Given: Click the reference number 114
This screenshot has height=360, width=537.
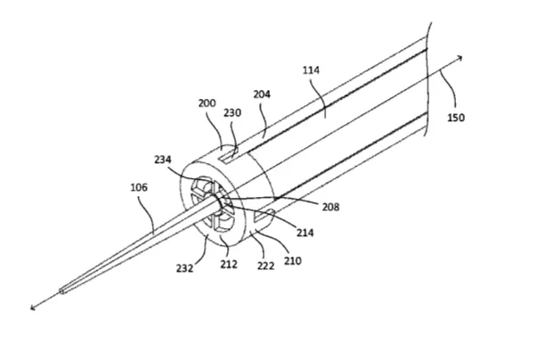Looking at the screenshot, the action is (311, 70).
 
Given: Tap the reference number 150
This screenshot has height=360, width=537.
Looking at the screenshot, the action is (456, 118).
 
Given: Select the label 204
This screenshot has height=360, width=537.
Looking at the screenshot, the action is (262, 94).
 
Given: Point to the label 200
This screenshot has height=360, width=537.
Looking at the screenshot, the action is (207, 103).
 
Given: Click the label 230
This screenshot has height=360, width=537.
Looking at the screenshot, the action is (232, 112).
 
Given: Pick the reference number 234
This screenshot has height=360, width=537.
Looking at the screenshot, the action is (163, 160).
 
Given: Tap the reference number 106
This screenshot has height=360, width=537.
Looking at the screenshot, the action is (139, 187).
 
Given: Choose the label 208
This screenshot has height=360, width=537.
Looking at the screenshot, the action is (330, 207).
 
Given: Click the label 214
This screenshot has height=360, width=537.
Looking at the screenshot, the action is (305, 233).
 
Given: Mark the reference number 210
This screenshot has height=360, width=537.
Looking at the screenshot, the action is (293, 261).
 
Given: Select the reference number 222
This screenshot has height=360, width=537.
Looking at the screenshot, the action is (265, 266).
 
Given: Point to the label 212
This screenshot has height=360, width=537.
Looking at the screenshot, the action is (229, 265).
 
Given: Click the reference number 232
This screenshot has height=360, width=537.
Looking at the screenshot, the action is (185, 268).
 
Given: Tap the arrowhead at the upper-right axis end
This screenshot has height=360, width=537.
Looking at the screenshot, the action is (461, 57).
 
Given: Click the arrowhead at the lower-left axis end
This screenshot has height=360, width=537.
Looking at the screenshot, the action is (32, 308).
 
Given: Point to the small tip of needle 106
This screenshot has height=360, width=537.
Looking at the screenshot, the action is (61, 291).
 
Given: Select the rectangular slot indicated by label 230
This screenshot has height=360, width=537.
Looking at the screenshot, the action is (229, 155).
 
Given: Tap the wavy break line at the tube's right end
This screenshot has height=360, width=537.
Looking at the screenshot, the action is (427, 79).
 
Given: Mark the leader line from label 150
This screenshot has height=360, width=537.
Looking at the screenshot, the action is (451, 87).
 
